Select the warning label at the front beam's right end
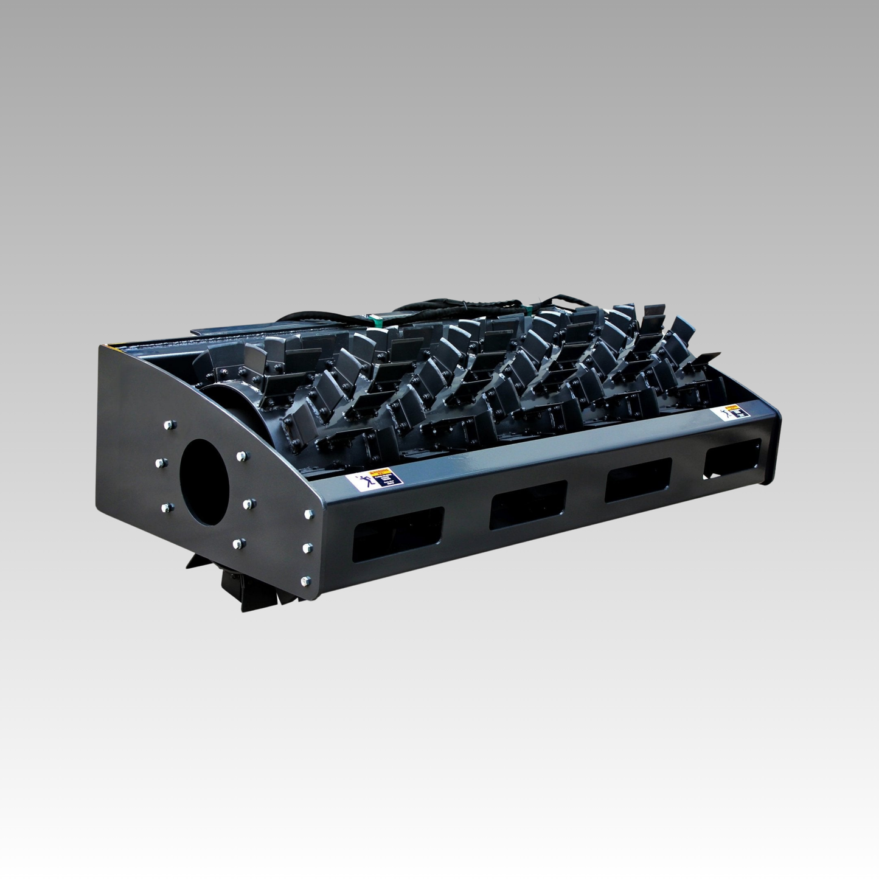point(732,415)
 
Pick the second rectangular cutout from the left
point(528,502)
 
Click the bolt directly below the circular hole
point(239,543)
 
